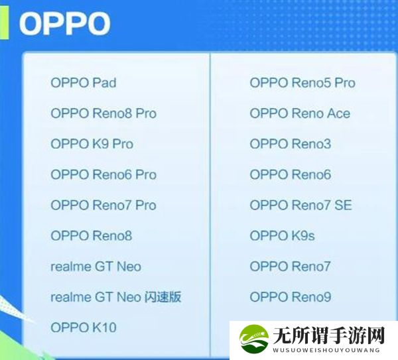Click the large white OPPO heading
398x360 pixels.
[x=65, y=23]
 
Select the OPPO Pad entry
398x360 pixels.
[x=84, y=83]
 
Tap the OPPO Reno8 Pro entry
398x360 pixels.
[x=103, y=113]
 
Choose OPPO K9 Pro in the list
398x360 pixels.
[x=92, y=144]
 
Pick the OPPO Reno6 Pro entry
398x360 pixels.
[x=103, y=174]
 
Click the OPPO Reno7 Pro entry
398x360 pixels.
[x=103, y=205]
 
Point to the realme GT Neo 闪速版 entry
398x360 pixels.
[x=115, y=297]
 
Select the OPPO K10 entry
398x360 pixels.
[x=84, y=328]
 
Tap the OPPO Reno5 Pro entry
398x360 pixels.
[x=302, y=83]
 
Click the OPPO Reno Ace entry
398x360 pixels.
[x=300, y=113]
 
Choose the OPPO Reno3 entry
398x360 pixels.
[x=291, y=144]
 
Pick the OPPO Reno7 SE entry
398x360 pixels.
[x=300, y=205]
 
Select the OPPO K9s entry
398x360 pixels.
[x=283, y=235]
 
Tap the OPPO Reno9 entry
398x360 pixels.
[x=291, y=297]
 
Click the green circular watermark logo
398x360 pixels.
[x=254, y=338]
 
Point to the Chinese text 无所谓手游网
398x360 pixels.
[x=328, y=335]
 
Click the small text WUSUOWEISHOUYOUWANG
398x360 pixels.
[x=326, y=350]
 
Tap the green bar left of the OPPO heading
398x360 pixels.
[x=5, y=23]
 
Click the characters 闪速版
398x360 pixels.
[x=163, y=297]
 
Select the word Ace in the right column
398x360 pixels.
[x=338, y=113]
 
